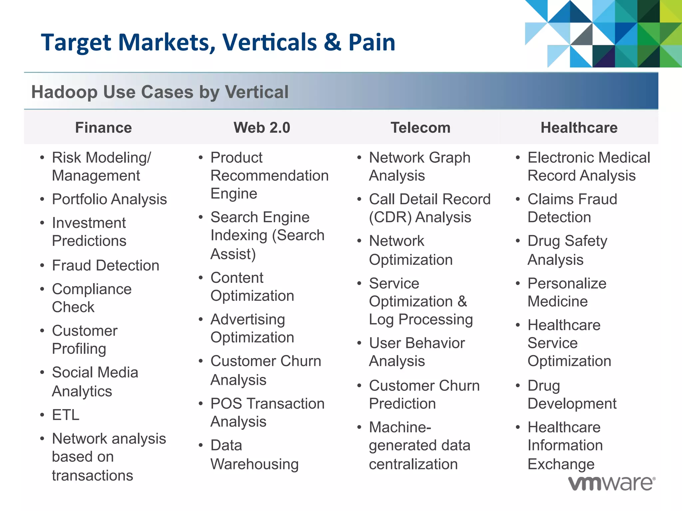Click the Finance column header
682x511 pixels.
point(103,128)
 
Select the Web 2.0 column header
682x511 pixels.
point(262,128)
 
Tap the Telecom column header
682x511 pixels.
point(420,128)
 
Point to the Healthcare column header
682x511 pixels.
point(579,128)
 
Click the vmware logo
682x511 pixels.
point(611,483)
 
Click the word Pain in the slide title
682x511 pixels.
point(372,43)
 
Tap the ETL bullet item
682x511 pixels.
point(66,415)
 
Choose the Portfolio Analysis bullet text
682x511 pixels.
point(109,199)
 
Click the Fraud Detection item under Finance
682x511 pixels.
point(106,265)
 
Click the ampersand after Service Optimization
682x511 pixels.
point(462,301)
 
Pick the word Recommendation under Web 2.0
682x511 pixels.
point(269,176)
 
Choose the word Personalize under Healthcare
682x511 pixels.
point(567,283)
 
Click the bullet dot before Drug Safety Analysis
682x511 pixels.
point(517,241)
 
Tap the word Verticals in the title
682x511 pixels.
point(270,43)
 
